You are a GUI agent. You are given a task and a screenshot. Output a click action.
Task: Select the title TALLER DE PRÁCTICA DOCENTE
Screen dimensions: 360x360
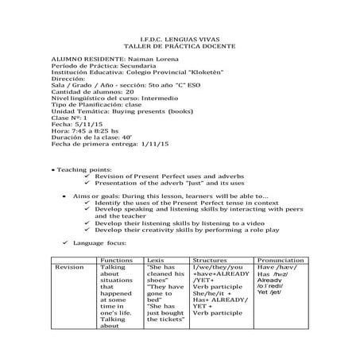pos(179,48)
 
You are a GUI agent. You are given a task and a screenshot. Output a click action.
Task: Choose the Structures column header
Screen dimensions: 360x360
pos(213,259)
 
